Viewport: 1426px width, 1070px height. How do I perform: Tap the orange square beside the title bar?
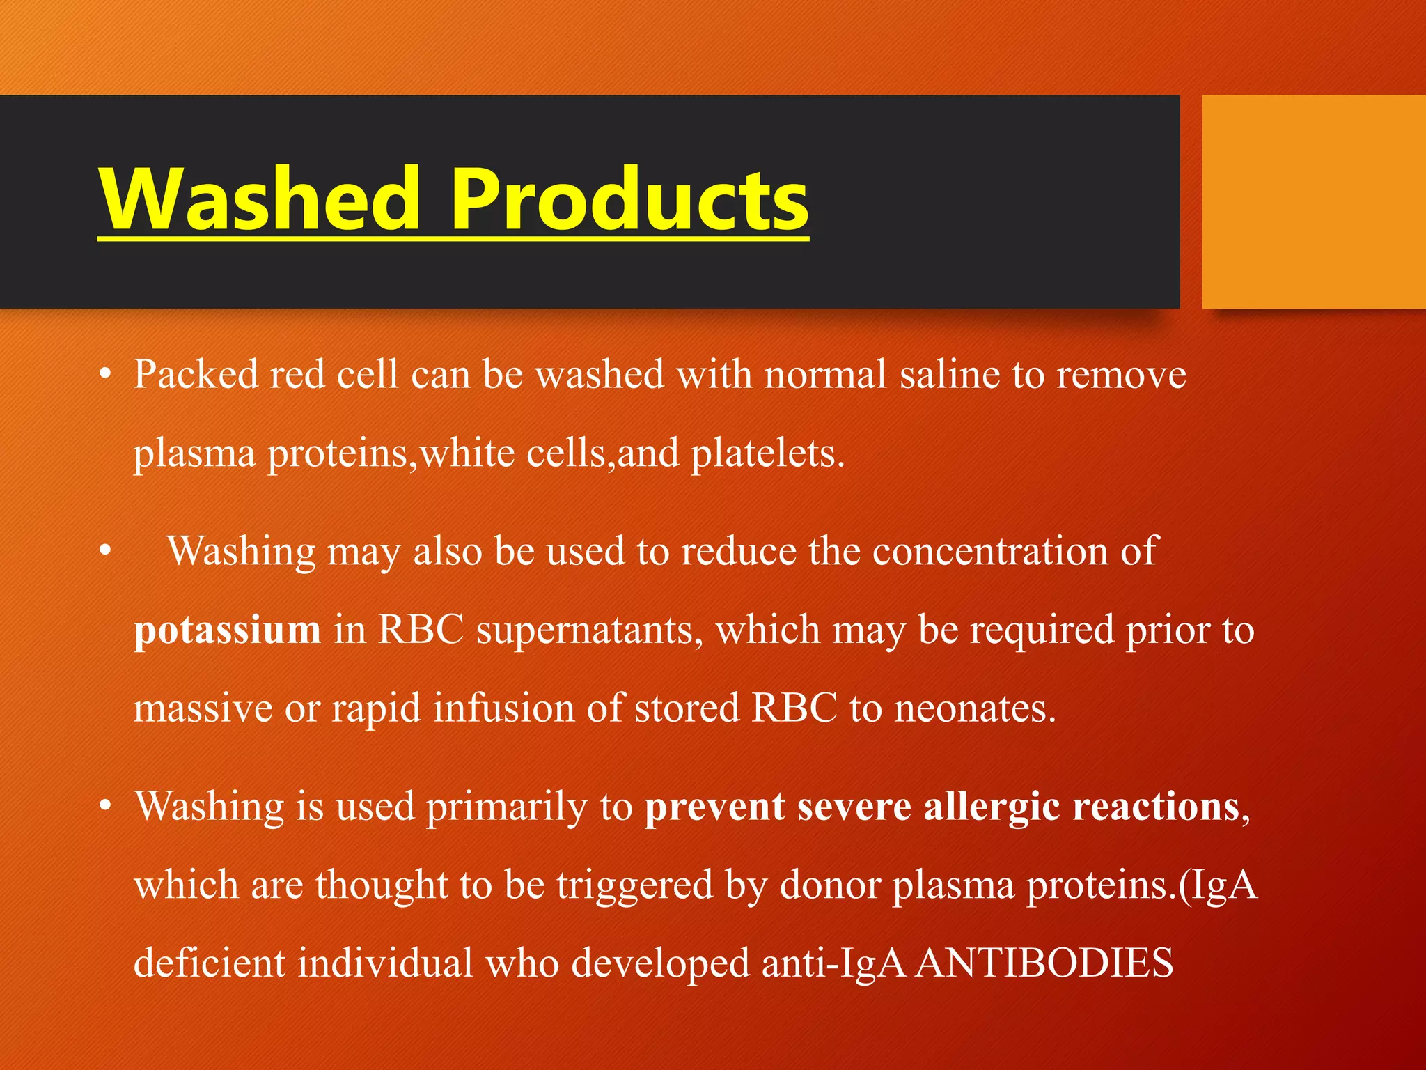click(1313, 202)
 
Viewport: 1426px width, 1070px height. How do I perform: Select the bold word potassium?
click(227, 630)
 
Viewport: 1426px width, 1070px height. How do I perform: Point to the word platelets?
click(767, 453)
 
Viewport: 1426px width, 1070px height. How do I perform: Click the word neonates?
click(974, 708)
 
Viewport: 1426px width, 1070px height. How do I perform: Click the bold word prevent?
click(714, 807)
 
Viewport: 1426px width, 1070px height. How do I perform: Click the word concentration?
click(989, 552)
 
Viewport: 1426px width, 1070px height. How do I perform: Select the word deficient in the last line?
click(209, 963)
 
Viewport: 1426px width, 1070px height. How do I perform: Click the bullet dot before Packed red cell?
click(105, 375)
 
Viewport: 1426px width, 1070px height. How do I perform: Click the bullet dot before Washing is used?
click(105, 807)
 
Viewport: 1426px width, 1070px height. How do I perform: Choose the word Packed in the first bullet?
click(196, 375)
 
